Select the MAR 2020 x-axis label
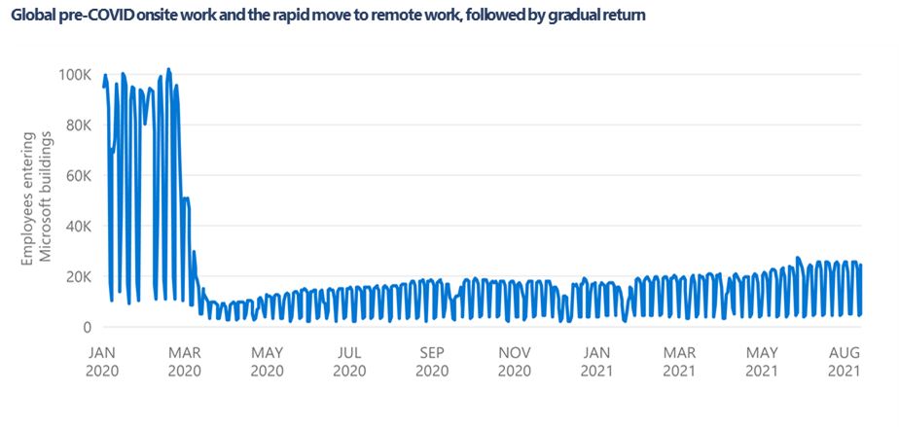tap(184, 362)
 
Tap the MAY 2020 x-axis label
tap(267, 362)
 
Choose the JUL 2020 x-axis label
tap(349, 362)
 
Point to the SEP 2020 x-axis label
tap(431, 362)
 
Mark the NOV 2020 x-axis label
tap(514, 362)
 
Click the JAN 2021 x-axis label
tap(596, 362)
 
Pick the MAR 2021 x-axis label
tap(679, 362)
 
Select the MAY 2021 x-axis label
tap(762, 362)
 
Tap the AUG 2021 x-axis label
tap(844, 362)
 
